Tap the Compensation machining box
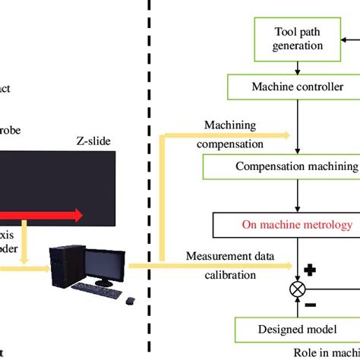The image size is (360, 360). pyautogui.click(x=296, y=166)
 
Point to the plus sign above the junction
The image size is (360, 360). pyautogui.click(x=310, y=270)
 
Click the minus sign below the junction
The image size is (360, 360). pyautogui.click(x=310, y=306)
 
